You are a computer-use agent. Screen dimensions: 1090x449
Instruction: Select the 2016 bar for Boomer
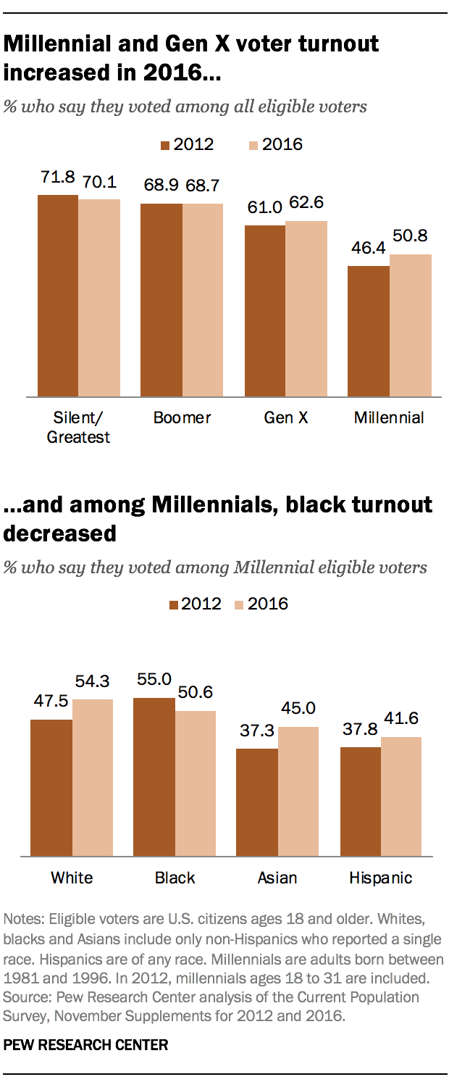coord(203,300)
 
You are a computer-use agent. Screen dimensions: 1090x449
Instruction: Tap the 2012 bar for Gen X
coord(265,311)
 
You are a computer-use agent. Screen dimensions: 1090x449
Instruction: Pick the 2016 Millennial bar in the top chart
coord(411,325)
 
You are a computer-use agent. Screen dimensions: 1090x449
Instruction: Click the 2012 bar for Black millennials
coord(154,776)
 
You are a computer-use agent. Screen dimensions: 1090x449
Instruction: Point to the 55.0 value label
coord(154,679)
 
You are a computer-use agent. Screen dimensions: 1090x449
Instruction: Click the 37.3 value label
coord(257,731)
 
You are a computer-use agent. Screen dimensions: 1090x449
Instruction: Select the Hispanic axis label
coord(381,878)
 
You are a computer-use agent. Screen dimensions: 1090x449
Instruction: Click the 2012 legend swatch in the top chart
coord(165,145)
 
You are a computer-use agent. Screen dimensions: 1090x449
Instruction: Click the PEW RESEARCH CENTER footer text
coord(86,1045)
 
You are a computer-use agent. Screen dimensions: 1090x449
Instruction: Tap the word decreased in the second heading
coord(60,533)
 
